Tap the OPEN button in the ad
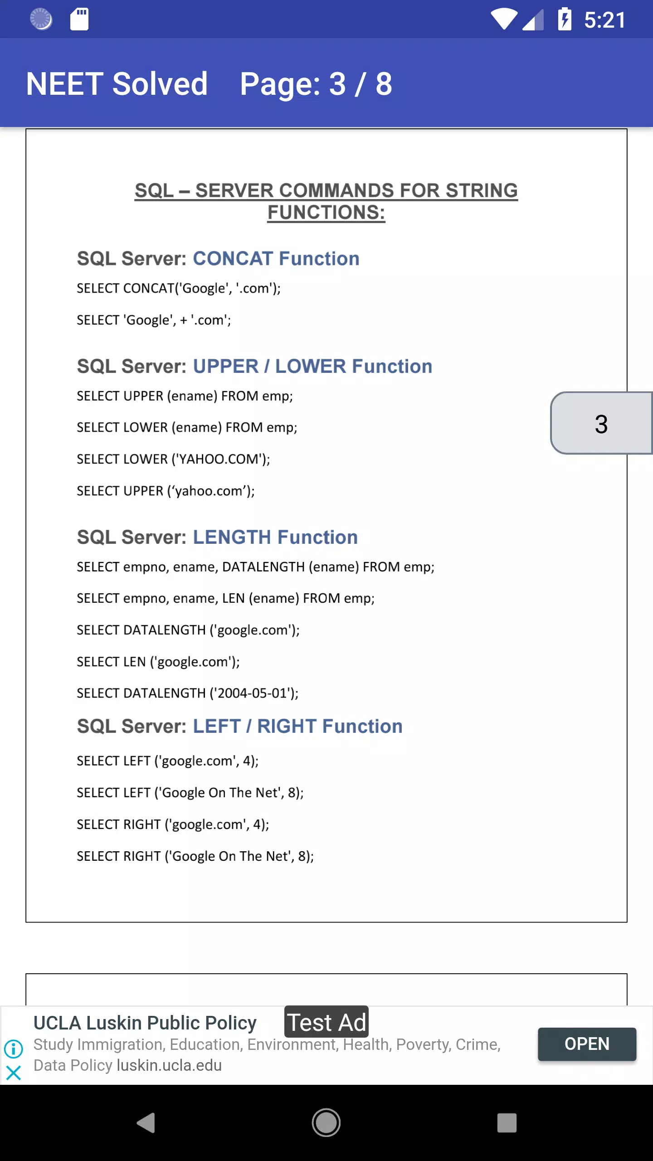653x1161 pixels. point(587,1044)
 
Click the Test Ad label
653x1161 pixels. point(326,1023)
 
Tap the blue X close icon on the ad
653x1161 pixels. point(14,1073)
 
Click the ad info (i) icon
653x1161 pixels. point(14,1049)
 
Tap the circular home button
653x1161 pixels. point(326,1123)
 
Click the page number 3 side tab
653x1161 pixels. point(601,424)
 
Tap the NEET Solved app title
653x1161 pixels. point(117,84)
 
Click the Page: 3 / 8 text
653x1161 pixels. point(316,84)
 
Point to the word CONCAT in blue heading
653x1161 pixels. point(232,259)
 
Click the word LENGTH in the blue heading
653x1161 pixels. point(232,537)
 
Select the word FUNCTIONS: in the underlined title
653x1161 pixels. point(326,212)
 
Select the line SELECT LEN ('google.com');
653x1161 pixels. point(158,662)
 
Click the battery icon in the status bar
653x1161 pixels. point(565,20)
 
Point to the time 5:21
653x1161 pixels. point(605,20)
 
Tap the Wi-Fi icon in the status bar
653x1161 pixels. point(504,20)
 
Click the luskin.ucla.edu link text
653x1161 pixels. point(169,1065)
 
